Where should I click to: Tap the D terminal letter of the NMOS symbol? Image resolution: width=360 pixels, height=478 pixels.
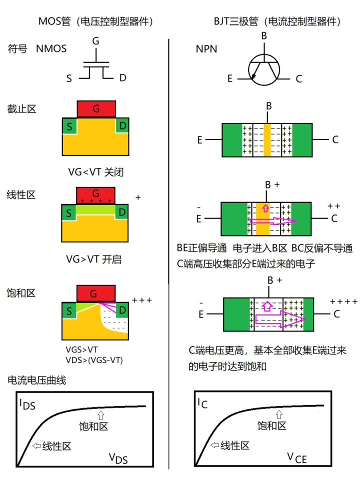(x=123, y=78)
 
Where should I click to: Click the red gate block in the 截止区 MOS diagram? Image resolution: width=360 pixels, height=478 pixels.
(x=96, y=108)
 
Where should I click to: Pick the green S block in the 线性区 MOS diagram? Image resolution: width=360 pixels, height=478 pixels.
(x=68, y=213)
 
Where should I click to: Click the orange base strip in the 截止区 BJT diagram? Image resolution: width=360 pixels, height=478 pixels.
(x=267, y=139)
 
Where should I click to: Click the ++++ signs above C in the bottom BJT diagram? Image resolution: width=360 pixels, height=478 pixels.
(x=343, y=302)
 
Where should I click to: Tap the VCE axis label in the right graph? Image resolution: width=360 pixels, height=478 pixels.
(x=296, y=457)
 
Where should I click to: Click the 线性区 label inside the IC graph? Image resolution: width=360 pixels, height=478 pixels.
(x=234, y=445)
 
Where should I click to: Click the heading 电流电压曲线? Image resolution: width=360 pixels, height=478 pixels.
(x=37, y=380)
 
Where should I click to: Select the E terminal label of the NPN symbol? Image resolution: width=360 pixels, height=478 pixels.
(x=230, y=78)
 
